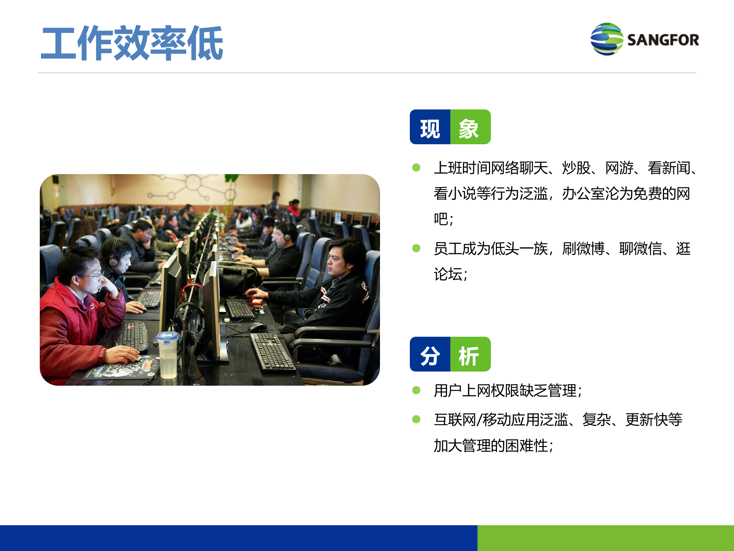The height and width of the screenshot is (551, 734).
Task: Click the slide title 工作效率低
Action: (132, 43)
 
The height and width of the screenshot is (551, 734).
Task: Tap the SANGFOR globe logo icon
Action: (607, 39)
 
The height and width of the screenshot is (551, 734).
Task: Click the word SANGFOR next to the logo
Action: (663, 40)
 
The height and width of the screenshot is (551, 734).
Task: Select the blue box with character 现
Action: (430, 127)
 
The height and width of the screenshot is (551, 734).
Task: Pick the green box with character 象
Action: (470, 127)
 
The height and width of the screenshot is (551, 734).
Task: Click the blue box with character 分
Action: (430, 355)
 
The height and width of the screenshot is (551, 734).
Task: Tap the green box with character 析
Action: (470, 355)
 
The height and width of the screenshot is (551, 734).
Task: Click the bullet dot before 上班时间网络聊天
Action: (416, 168)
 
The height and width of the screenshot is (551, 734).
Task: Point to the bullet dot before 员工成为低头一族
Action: (416, 249)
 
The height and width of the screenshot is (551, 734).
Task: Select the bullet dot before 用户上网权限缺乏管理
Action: (416, 390)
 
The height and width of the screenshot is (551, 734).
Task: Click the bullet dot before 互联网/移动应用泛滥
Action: (416, 419)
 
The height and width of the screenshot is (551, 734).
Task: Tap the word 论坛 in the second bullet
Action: (448, 274)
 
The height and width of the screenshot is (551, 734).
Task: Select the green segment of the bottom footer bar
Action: (606, 538)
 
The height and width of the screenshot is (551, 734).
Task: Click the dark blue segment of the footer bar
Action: (239, 538)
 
